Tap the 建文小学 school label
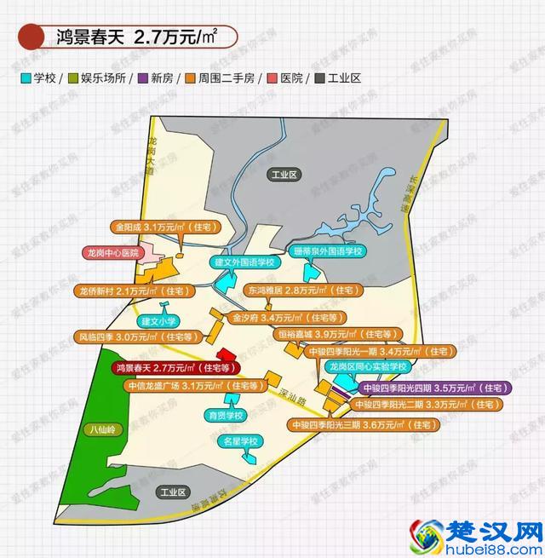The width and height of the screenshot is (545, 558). [158, 321]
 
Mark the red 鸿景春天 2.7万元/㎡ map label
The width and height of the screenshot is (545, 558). [175, 367]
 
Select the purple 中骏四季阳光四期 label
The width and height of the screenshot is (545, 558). [431, 388]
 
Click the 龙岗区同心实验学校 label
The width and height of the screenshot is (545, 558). [369, 366]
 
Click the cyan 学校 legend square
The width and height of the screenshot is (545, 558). [27, 78]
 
